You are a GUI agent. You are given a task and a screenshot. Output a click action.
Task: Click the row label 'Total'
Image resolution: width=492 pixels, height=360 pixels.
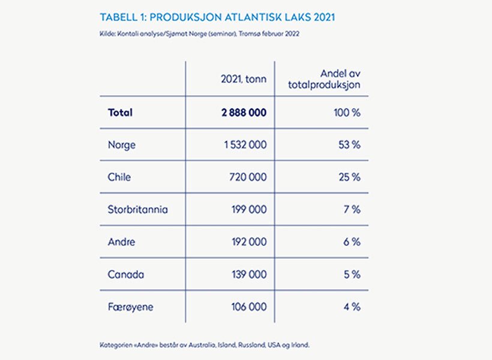point(120,112)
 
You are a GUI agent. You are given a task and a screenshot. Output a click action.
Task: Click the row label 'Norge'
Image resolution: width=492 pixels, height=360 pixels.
point(121,145)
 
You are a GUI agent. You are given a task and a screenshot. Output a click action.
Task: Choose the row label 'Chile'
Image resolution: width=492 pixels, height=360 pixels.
point(119,177)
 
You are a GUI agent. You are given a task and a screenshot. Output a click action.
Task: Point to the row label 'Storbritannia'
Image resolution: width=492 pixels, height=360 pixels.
point(138,209)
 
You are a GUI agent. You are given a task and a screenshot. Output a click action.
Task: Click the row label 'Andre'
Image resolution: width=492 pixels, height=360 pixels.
point(121,242)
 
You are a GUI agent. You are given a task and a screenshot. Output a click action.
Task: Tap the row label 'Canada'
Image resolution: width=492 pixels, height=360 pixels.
point(125,274)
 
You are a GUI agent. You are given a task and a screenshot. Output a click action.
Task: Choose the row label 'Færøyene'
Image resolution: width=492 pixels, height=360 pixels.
point(130,307)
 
